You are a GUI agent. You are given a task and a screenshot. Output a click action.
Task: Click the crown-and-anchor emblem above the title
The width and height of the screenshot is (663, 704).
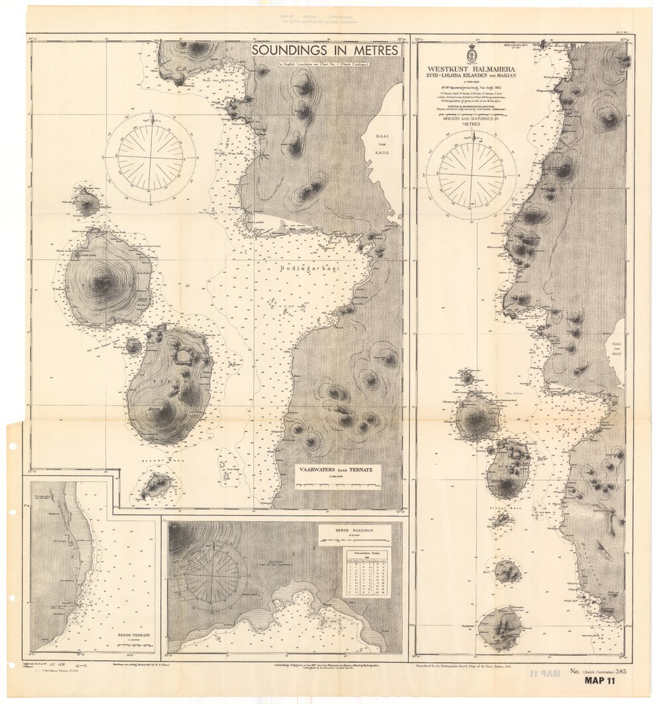pos(472,52)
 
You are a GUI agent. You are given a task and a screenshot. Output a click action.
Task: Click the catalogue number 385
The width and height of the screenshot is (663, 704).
pos(621,670)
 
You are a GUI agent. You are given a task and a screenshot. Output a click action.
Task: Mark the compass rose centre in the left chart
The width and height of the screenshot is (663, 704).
pos(151,158)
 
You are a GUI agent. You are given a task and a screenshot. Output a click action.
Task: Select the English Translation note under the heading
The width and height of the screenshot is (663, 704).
pos(323,63)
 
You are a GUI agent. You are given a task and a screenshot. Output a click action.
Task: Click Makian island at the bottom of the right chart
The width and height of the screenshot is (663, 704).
pos(501,627)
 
